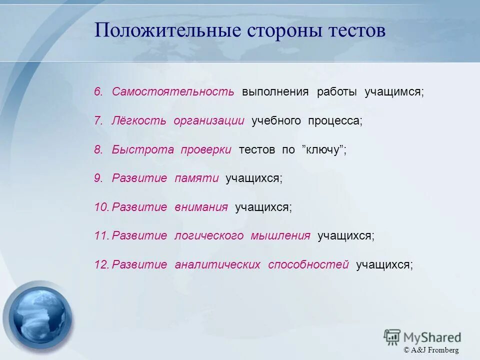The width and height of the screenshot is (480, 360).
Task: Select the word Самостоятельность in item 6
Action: (x=173, y=92)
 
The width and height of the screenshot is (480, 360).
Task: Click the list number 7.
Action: (x=98, y=121)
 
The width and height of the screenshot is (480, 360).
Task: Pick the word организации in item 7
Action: (x=209, y=121)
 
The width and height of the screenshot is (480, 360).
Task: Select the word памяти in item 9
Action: (x=196, y=178)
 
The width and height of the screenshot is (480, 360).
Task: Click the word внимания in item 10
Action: (x=201, y=207)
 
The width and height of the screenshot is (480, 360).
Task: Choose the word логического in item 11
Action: (x=209, y=236)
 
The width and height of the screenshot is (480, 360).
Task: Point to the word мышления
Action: (x=280, y=236)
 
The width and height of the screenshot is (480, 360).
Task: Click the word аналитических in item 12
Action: (x=217, y=265)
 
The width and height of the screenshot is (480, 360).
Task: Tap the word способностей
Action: (x=308, y=265)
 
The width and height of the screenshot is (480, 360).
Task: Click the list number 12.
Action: (x=101, y=265)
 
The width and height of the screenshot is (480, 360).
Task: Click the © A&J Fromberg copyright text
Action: (x=431, y=350)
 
